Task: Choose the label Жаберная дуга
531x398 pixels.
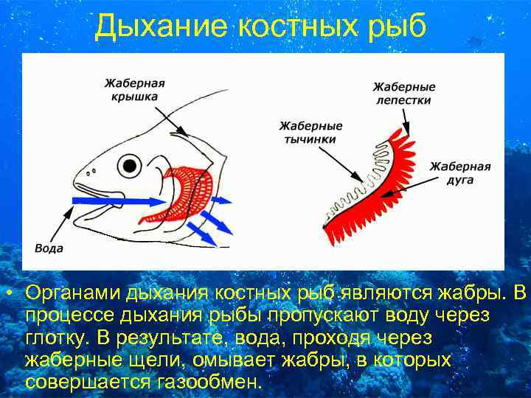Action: pyautogui.click(x=460, y=172)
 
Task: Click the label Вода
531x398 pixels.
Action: pyautogui.click(x=49, y=248)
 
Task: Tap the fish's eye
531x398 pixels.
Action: pyautogui.click(x=130, y=164)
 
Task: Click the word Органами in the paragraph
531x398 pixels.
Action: pyautogui.click(x=73, y=294)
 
